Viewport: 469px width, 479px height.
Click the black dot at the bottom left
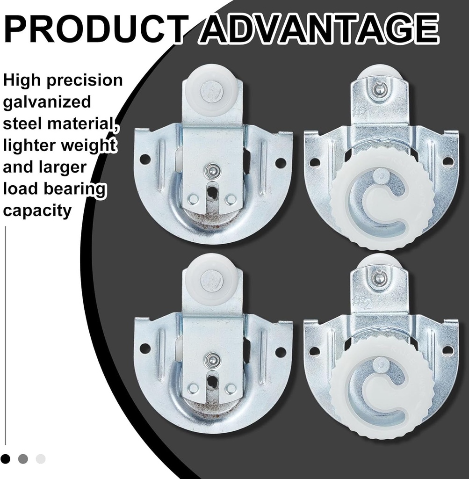[6, 458]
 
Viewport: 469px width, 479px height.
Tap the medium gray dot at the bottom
[23, 458]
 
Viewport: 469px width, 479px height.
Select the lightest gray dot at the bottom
[41, 458]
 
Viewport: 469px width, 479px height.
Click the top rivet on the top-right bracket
[378, 89]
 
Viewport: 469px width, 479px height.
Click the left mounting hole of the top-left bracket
[145, 159]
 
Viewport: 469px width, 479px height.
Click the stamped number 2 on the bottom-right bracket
[368, 304]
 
